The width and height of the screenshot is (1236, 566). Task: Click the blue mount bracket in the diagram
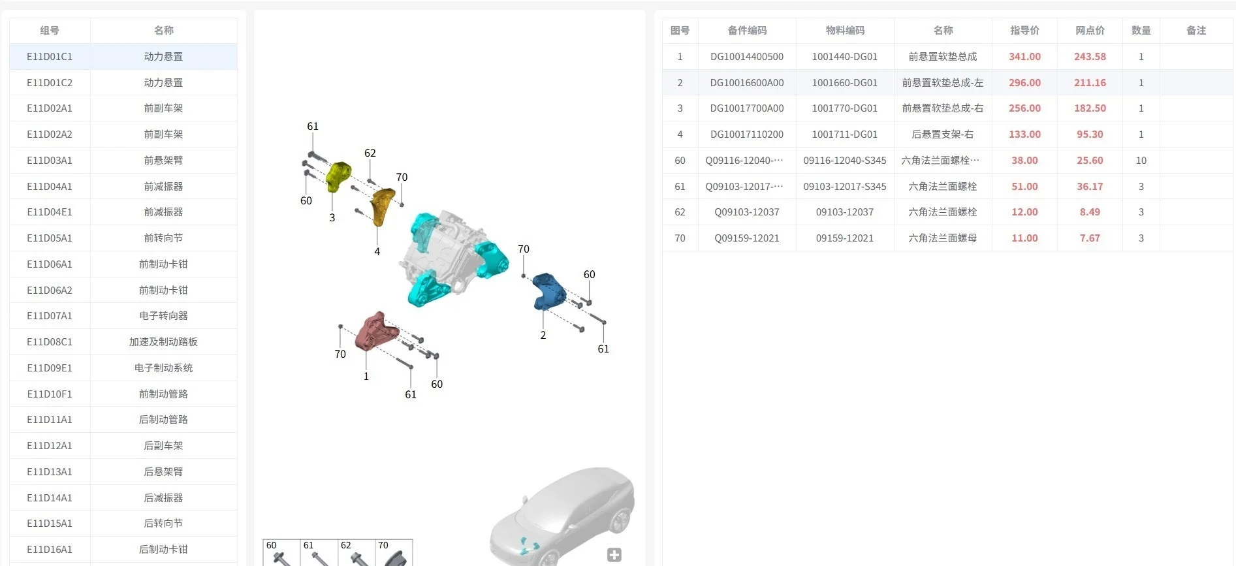point(548,291)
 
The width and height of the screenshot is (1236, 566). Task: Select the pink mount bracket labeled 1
point(376,331)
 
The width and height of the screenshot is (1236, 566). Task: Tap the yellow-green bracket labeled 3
point(338,176)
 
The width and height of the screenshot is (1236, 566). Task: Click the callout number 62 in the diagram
point(370,153)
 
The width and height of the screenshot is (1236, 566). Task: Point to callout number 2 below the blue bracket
point(543,335)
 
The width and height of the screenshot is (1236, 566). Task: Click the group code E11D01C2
point(50,82)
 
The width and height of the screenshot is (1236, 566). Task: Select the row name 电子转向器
point(163,315)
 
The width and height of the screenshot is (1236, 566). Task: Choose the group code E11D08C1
point(50,341)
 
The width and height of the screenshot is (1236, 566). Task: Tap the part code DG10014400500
point(747,57)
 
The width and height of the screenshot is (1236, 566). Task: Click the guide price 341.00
point(1024,57)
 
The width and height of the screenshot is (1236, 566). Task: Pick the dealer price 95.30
point(1090,134)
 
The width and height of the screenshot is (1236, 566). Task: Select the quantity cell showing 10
point(1141,161)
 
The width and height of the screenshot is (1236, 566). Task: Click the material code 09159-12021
point(845,238)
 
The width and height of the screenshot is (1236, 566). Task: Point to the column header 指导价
point(1024,31)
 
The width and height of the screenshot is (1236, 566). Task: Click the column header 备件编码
point(747,31)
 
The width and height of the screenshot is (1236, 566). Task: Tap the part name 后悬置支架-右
point(943,134)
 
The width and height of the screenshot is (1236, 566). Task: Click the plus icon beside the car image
point(614,555)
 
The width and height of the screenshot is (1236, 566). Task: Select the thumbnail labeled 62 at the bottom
point(357,553)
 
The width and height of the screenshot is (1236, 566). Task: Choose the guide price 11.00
point(1024,238)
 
